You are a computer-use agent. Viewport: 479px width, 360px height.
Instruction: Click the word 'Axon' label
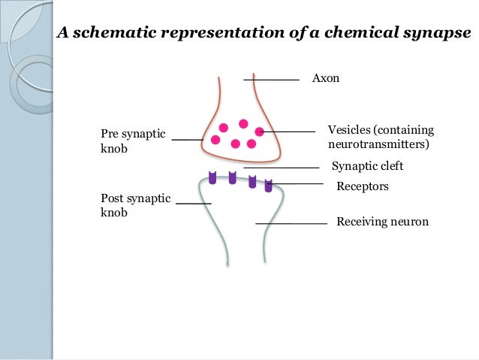pyautogui.click(x=326, y=78)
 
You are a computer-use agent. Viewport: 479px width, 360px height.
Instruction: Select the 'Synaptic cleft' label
pyautogui.click(x=367, y=167)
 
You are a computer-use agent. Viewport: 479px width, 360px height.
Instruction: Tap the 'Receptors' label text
pyautogui.click(x=363, y=186)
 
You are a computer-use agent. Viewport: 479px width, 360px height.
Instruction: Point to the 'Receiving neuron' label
pyautogui.click(x=382, y=222)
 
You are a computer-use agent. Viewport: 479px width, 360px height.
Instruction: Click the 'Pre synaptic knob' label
pyautogui.click(x=133, y=141)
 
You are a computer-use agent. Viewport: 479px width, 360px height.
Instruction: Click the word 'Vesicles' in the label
pyautogui.click(x=349, y=129)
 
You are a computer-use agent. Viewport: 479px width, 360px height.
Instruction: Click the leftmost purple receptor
pyautogui.click(x=213, y=178)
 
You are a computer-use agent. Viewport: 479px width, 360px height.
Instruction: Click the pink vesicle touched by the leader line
pyautogui.click(x=260, y=132)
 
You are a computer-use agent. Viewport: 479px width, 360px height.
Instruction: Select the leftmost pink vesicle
pyautogui.click(x=215, y=140)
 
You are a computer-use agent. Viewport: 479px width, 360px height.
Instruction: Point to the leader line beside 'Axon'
pyautogui.click(x=271, y=78)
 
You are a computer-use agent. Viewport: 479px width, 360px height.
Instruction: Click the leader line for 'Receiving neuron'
pyautogui.click(x=291, y=223)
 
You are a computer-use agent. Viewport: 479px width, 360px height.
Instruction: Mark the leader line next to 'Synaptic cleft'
pyautogui.click(x=282, y=168)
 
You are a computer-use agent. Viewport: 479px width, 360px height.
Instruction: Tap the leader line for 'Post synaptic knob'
pyautogui.click(x=194, y=204)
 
